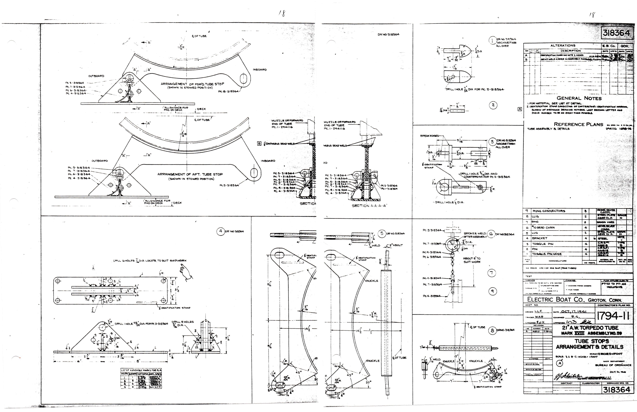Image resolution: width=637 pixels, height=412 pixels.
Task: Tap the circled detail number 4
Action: (x=221, y=231)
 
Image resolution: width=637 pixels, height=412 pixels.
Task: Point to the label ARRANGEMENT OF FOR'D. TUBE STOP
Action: (x=192, y=84)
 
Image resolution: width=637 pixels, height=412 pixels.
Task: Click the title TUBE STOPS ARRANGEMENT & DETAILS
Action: (x=593, y=344)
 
